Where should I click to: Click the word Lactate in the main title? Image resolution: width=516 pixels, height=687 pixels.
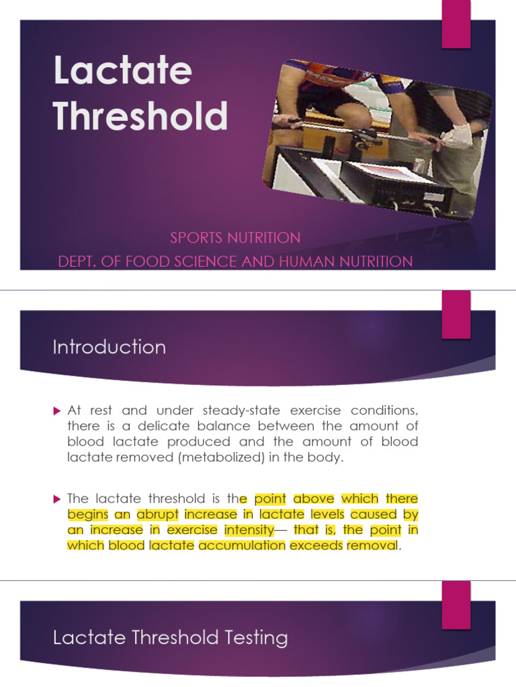pos(122,70)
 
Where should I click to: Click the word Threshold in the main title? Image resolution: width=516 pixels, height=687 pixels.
pos(140,115)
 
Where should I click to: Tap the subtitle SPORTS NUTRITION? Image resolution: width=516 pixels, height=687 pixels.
pos(235,237)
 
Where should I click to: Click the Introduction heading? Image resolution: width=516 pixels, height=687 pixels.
pos(110,347)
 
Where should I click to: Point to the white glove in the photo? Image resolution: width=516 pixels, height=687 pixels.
pos(458,137)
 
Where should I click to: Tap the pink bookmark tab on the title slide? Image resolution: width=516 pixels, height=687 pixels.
pos(456,24)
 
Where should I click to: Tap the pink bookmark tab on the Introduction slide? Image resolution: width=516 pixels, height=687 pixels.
pos(456,314)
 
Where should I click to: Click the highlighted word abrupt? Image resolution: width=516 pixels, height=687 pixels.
pos(158,515)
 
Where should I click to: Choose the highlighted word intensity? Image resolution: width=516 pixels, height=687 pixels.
pos(249,530)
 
